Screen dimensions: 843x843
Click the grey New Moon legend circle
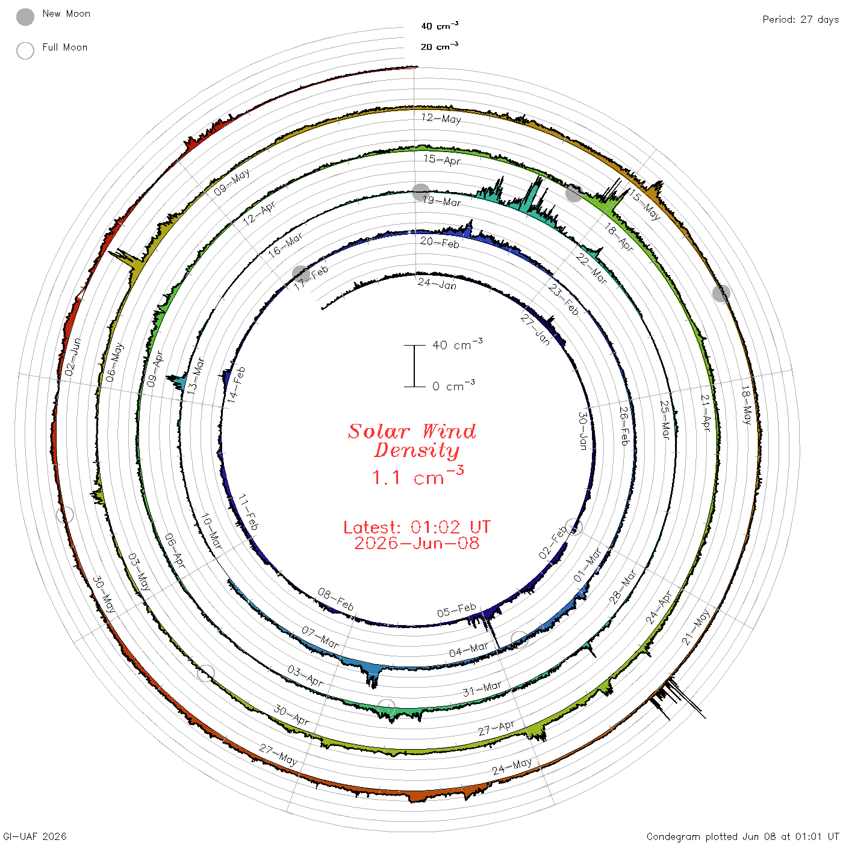(25, 17)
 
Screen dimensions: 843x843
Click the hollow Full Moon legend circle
(25, 51)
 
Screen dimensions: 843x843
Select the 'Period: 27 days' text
(800, 20)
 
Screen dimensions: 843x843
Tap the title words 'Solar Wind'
(412, 431)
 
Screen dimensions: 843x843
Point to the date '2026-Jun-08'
(417, 543)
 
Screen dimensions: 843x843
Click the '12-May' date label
(441, 119)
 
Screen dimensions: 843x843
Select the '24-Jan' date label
(437, 284)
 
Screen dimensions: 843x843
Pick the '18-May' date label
(746, 405)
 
